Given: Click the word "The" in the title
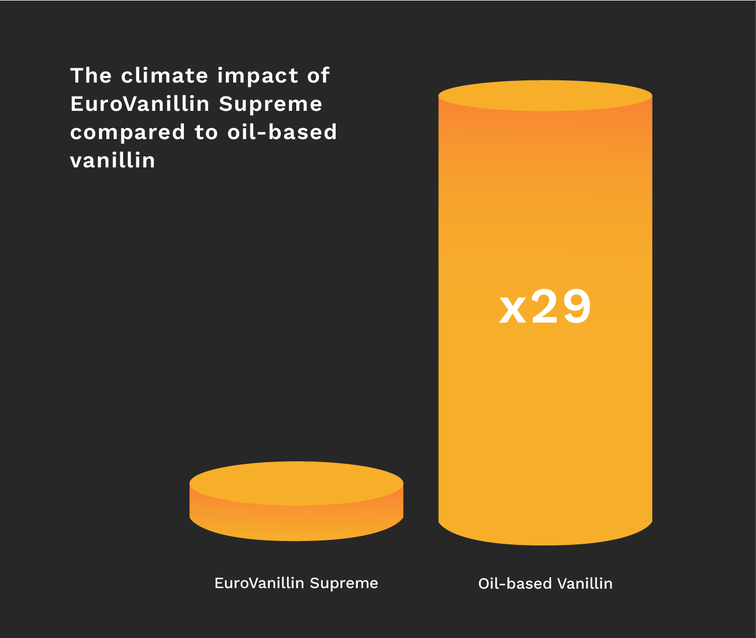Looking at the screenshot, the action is (91, 75).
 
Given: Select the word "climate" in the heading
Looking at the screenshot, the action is (164, 75).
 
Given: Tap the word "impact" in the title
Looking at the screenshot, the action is (258, 77).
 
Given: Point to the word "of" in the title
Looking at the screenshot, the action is (318, 75).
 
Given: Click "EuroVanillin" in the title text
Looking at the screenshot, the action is (140, 104).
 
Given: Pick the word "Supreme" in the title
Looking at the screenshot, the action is (270, 105).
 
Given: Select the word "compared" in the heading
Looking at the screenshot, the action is (128, 134).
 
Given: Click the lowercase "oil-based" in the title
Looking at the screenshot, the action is (282, 132).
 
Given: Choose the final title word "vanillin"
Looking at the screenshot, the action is (112, 160).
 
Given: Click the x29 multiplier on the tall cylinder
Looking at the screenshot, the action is (545, 307).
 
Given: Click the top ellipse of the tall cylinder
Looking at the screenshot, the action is (546, 96).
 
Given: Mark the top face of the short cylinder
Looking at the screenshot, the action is (296, 483).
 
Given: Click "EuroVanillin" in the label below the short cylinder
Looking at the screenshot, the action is (259, 583).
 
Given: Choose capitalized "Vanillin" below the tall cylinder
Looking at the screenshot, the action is (585, 584).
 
